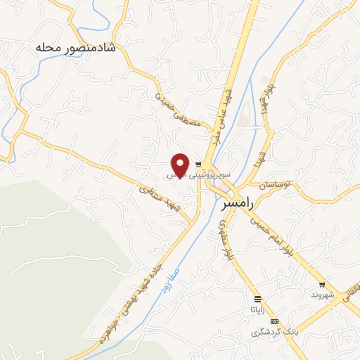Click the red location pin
point(180,165)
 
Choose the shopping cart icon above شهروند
point(322,285)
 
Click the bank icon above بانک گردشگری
point(274,321)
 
